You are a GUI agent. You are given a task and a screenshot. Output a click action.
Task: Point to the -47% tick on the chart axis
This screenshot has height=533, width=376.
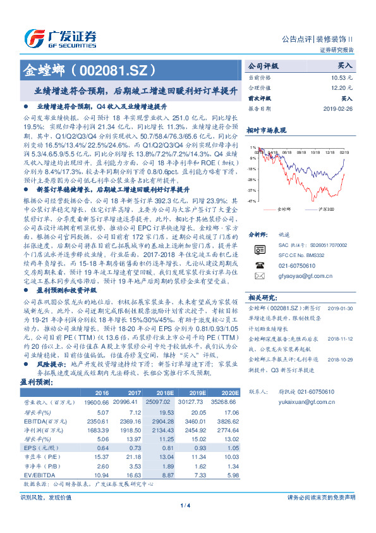[x=251, y=200]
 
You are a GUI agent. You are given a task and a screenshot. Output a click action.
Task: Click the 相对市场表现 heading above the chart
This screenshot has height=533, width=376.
[x=267, y=130]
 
